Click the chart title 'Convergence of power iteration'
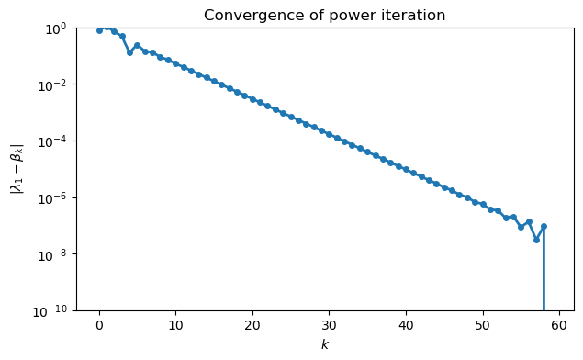pyautogui.click(x=324, y=15)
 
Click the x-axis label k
pyautogui.click(x=324, y=344)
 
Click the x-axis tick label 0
pyautogui.click(x=99, y=324)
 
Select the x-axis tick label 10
pyautogui.click(x=175, y=324)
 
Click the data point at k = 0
pyautogui.click(x=99, y=30)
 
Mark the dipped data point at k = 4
pyautogui.click(x=129, y=52)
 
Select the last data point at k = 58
pyautogui.click(x=544, y=226)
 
